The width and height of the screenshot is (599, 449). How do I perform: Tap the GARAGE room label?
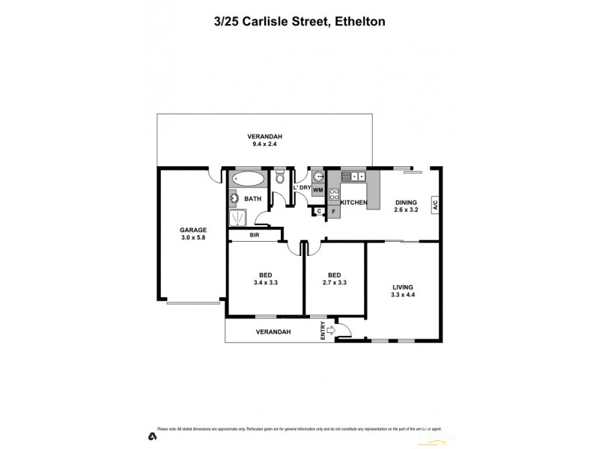pyautogui.click(x=193, y=230)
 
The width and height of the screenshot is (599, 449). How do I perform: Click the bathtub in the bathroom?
pyautogui.click(x=248, y=180)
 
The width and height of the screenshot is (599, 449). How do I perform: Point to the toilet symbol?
pyautogui.click(x=279, y=178)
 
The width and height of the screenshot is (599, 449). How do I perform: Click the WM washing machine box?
pyautogui.click(x=317, y=190)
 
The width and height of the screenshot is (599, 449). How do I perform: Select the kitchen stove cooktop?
pyautogui.click(x=334, y=196)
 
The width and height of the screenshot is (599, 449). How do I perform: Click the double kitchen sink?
pyautogui.click(x=352, y=177)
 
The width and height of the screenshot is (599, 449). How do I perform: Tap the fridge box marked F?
pyautogui.click(x=334, y=213)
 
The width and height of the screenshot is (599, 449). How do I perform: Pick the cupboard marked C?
pyautogui.click(x=319, y=212)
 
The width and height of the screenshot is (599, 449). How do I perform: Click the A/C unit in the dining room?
pyautogui.click(x=434, y=205)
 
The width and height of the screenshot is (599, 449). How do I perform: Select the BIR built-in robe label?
pyautogui.click(x=255, y=235)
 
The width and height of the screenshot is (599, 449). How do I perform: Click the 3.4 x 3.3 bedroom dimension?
pyautogui.click(x=266, y=283)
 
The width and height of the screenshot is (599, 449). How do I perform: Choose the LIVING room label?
pyautogui.click(x=403, y=287)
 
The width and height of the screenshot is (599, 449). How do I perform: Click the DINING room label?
pyautogui.click(x=405, y=202)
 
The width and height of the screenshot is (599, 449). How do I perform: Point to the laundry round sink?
pyautogui.click(x=317, y=177)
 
